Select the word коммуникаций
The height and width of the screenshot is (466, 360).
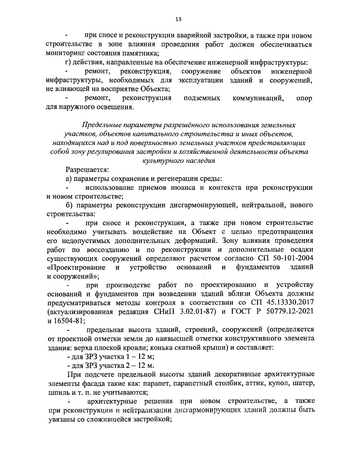click(x=258, y=98)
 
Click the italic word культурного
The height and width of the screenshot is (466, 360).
click(x=162, y=161)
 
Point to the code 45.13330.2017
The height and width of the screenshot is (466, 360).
click(x=288, y=302)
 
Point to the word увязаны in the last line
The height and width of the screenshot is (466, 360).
click(x=61, y=419)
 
